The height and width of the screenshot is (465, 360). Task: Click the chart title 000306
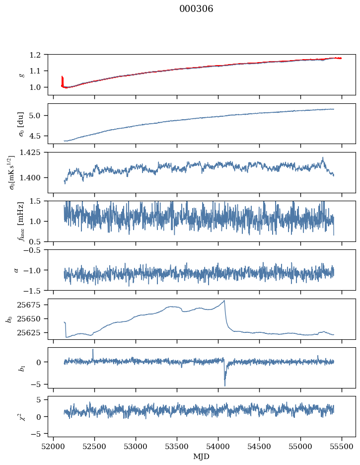(196, 9)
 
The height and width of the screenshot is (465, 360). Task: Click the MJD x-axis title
(202, 456)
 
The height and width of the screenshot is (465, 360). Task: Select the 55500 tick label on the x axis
(342, 446)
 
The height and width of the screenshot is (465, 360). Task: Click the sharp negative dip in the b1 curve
(224, 386)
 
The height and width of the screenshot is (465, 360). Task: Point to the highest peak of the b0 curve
(224, 301)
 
